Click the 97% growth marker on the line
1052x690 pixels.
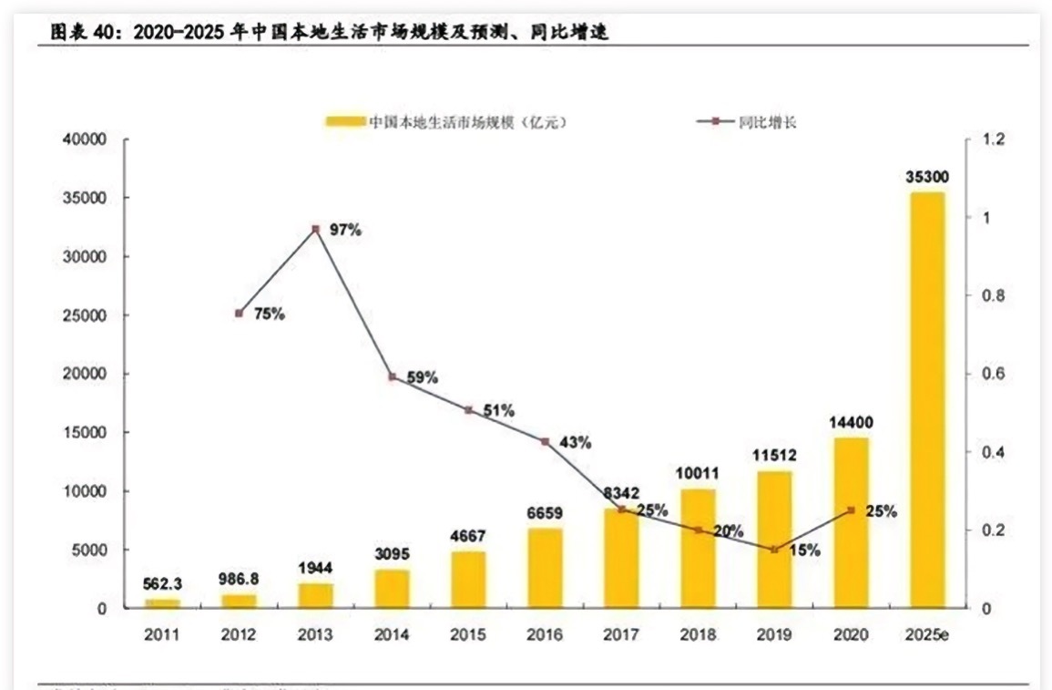315,229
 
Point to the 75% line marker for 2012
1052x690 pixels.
239,313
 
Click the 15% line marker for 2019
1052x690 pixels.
774,550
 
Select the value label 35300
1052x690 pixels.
927,178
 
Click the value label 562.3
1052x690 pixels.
162,584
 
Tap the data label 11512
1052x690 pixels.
773,456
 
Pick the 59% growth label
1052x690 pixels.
423,376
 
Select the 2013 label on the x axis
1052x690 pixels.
315,633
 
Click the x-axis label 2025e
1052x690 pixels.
927,633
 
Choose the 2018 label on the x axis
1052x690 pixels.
698,633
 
